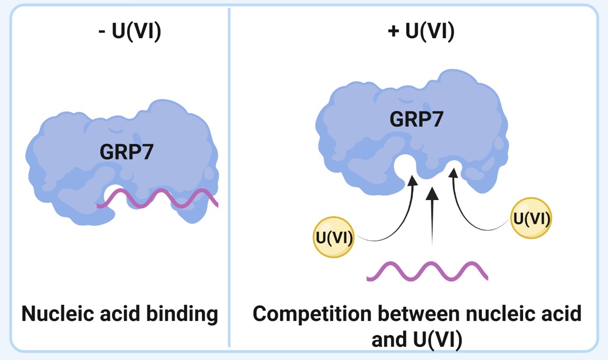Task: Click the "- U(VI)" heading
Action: pos(129,33)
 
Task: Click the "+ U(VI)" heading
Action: pos(421,33)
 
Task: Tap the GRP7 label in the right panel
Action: pos(415,119)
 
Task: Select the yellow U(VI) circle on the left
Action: pos(334,237)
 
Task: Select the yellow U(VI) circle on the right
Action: pos(531,218)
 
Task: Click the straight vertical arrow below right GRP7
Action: pos(433,215)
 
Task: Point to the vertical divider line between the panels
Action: pos(229,176)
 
